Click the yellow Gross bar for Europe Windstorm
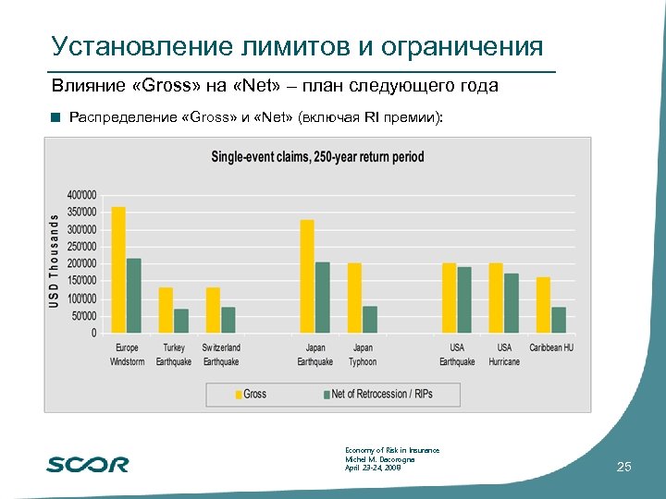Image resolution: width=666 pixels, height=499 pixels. (x=118, y=270)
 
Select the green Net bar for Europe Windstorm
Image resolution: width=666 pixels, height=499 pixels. (x=134, y=296)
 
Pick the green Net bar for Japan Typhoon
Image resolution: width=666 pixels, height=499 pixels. (x=370, y=320)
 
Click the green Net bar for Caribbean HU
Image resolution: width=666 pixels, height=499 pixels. (x=559, y=320)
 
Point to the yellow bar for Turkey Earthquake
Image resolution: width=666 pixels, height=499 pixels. (x=166, y=310)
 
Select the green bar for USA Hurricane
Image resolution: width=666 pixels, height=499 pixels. (x=512, y=303)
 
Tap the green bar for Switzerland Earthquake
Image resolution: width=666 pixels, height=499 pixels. (x=228, y=320)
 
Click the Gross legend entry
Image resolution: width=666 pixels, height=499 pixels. (x=250, y=394)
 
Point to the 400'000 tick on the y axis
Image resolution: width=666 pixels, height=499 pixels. (x=80, y=195)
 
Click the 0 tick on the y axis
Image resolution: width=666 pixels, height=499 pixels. (x=92, y=333)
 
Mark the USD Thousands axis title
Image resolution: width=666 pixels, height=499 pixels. (x=55, y=262)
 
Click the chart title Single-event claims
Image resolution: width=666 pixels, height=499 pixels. (x=317, y=156)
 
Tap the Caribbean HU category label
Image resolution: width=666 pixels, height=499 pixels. (x=551, y=348)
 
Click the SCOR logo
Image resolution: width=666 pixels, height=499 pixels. (x=88, y=464)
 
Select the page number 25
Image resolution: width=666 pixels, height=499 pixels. (x=623, y=468)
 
